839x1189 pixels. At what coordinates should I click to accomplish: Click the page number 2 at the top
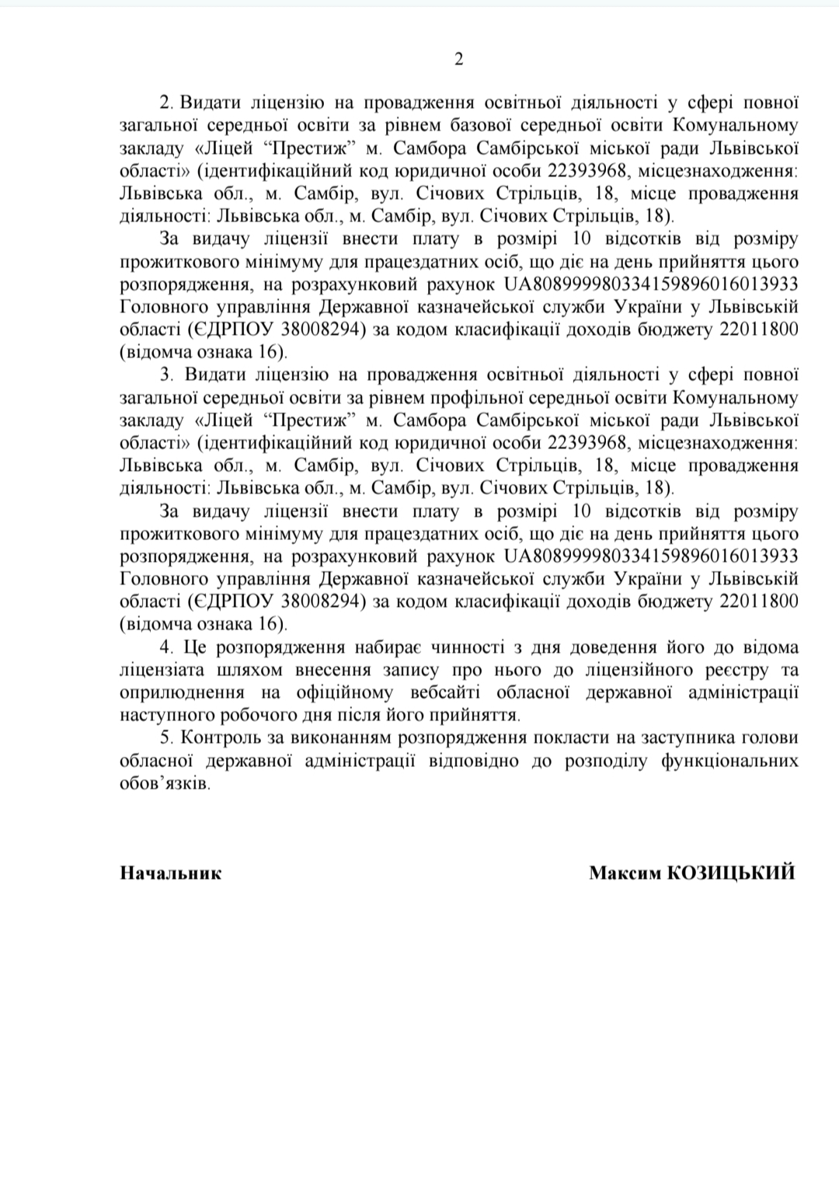tap(458, 60)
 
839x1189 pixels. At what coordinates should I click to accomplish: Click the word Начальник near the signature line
tap(171, 873)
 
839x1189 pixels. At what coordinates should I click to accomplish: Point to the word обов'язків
tap(165, 783)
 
